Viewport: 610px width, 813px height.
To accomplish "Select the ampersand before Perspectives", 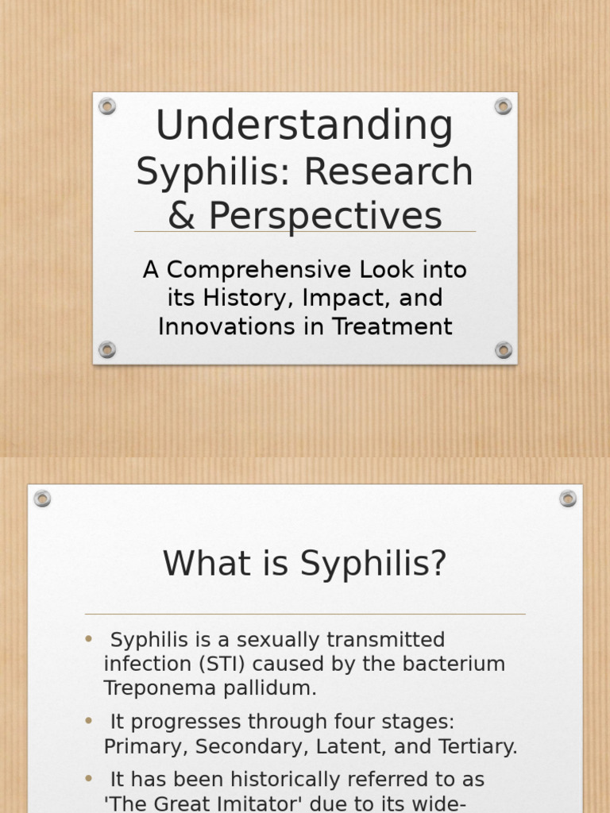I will coord(181,215).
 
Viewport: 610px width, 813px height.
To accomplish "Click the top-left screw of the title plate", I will coord(107,106).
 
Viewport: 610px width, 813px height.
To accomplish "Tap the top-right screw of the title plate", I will coord(503,106).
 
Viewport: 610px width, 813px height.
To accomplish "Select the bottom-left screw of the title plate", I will coord(107,349).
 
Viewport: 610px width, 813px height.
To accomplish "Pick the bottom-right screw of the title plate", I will coord(503,349).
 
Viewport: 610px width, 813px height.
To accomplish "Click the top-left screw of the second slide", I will coord(42,499).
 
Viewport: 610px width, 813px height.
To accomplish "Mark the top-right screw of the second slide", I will coord(567,499).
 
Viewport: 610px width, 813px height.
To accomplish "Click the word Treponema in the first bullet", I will coord(152,688).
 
